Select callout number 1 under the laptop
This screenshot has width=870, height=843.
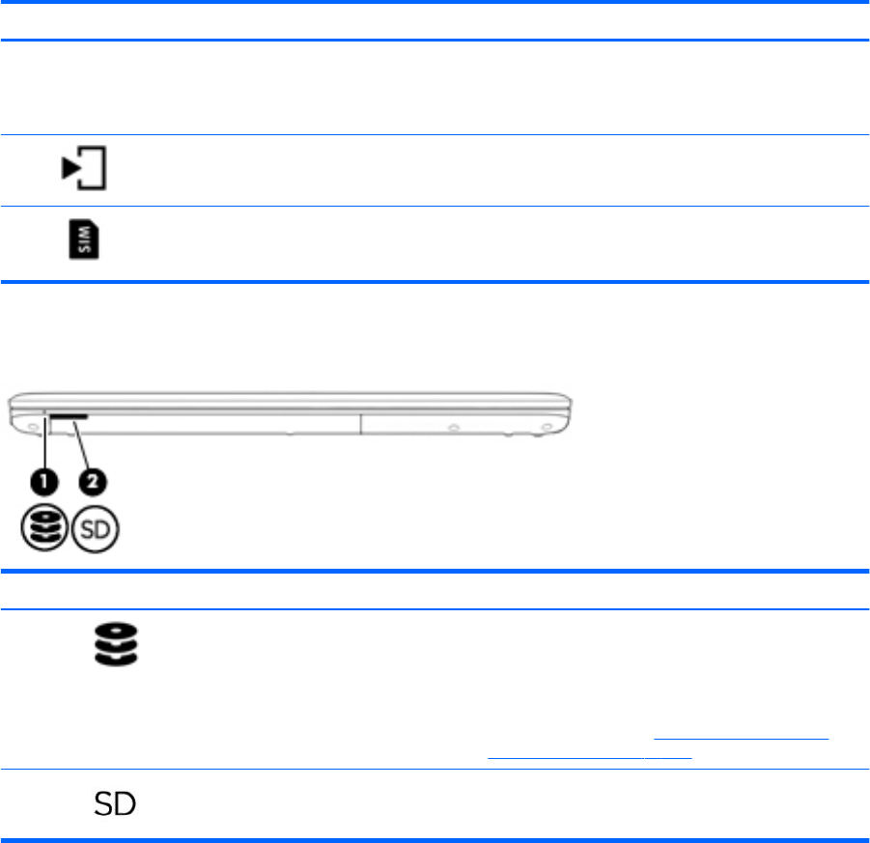(x=44, y=479)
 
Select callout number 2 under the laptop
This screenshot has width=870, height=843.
(x=92, y=479)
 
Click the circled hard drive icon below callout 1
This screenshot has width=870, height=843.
(x=44, y=530)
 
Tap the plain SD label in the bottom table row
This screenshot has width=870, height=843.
(x=113, y=802)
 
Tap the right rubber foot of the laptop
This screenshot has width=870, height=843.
(x=547, y=425)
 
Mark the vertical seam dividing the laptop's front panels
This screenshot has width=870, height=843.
(x=361, y=423)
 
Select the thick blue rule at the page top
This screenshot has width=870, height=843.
(x=435, y=3)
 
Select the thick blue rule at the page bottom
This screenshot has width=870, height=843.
(x=435, y=838)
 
